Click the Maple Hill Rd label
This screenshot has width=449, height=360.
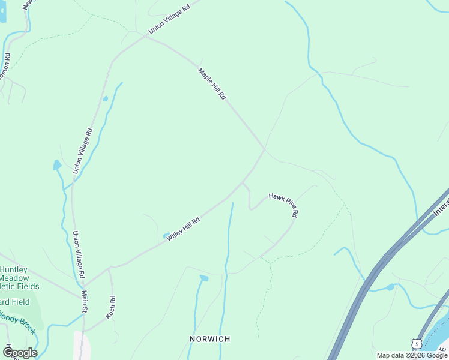pyautogui.click(x=212, y=83)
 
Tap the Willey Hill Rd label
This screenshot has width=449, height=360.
pyautogui.click(x=182, y=229)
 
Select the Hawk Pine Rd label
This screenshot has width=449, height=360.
pyautogui.click(x=283, y=205)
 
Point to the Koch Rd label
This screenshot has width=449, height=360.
pyautogui.click(x=112, y=306)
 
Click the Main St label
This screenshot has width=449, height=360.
pyautogui.click(x=85, y=301)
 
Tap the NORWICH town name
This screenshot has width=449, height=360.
pyautogui.click(x=209, y=339)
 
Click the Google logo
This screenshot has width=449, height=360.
pyautogui.click(x=20, y=352)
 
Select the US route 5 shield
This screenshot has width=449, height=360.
pyautogui.click(x=415, y=344)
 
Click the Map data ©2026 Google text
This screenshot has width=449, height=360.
pyautogui.click(x=411, y=355)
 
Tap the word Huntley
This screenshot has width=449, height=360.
pyautogui.click(x=14, y=270)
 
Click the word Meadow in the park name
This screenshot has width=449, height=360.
pyautogui.click(x=14, y=278)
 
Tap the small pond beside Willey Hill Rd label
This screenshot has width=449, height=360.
pyautogui.click(x=166, y=235)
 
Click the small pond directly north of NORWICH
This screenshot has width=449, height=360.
pyautogui.click(x=204, y=278)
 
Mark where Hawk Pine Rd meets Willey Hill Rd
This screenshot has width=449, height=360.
pyautogui.click(x=242, y=182)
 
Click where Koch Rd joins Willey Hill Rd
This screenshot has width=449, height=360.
pyautogui.click(x=109, y=271)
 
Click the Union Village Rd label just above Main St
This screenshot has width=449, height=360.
pyautogui.click(x=78, y=254)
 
